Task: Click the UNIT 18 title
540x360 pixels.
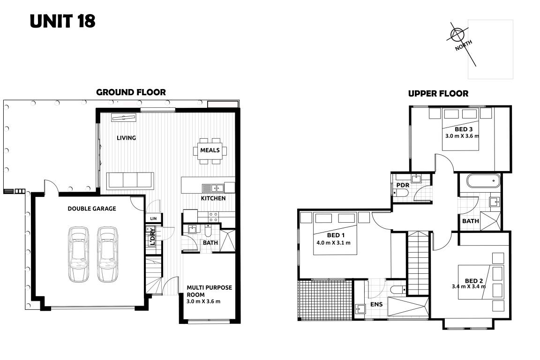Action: point(62,21)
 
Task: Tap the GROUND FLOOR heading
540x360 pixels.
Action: point(131,92)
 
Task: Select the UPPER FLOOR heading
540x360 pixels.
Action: point(438,94)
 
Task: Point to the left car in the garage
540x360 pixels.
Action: point(78,254)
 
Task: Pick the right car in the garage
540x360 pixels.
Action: point(107,254)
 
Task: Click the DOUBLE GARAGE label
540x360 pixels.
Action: point(91,209)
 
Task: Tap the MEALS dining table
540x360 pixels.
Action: point(210,150)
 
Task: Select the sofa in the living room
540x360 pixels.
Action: point(130,180)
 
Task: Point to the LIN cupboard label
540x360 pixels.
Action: point(153,219)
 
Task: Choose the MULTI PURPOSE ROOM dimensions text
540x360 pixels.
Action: point(203,301)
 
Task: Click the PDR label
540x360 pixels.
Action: point(403,185)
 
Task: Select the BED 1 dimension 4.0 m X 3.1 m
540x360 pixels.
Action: point(333,242)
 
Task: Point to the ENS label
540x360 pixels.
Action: point(376,304)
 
